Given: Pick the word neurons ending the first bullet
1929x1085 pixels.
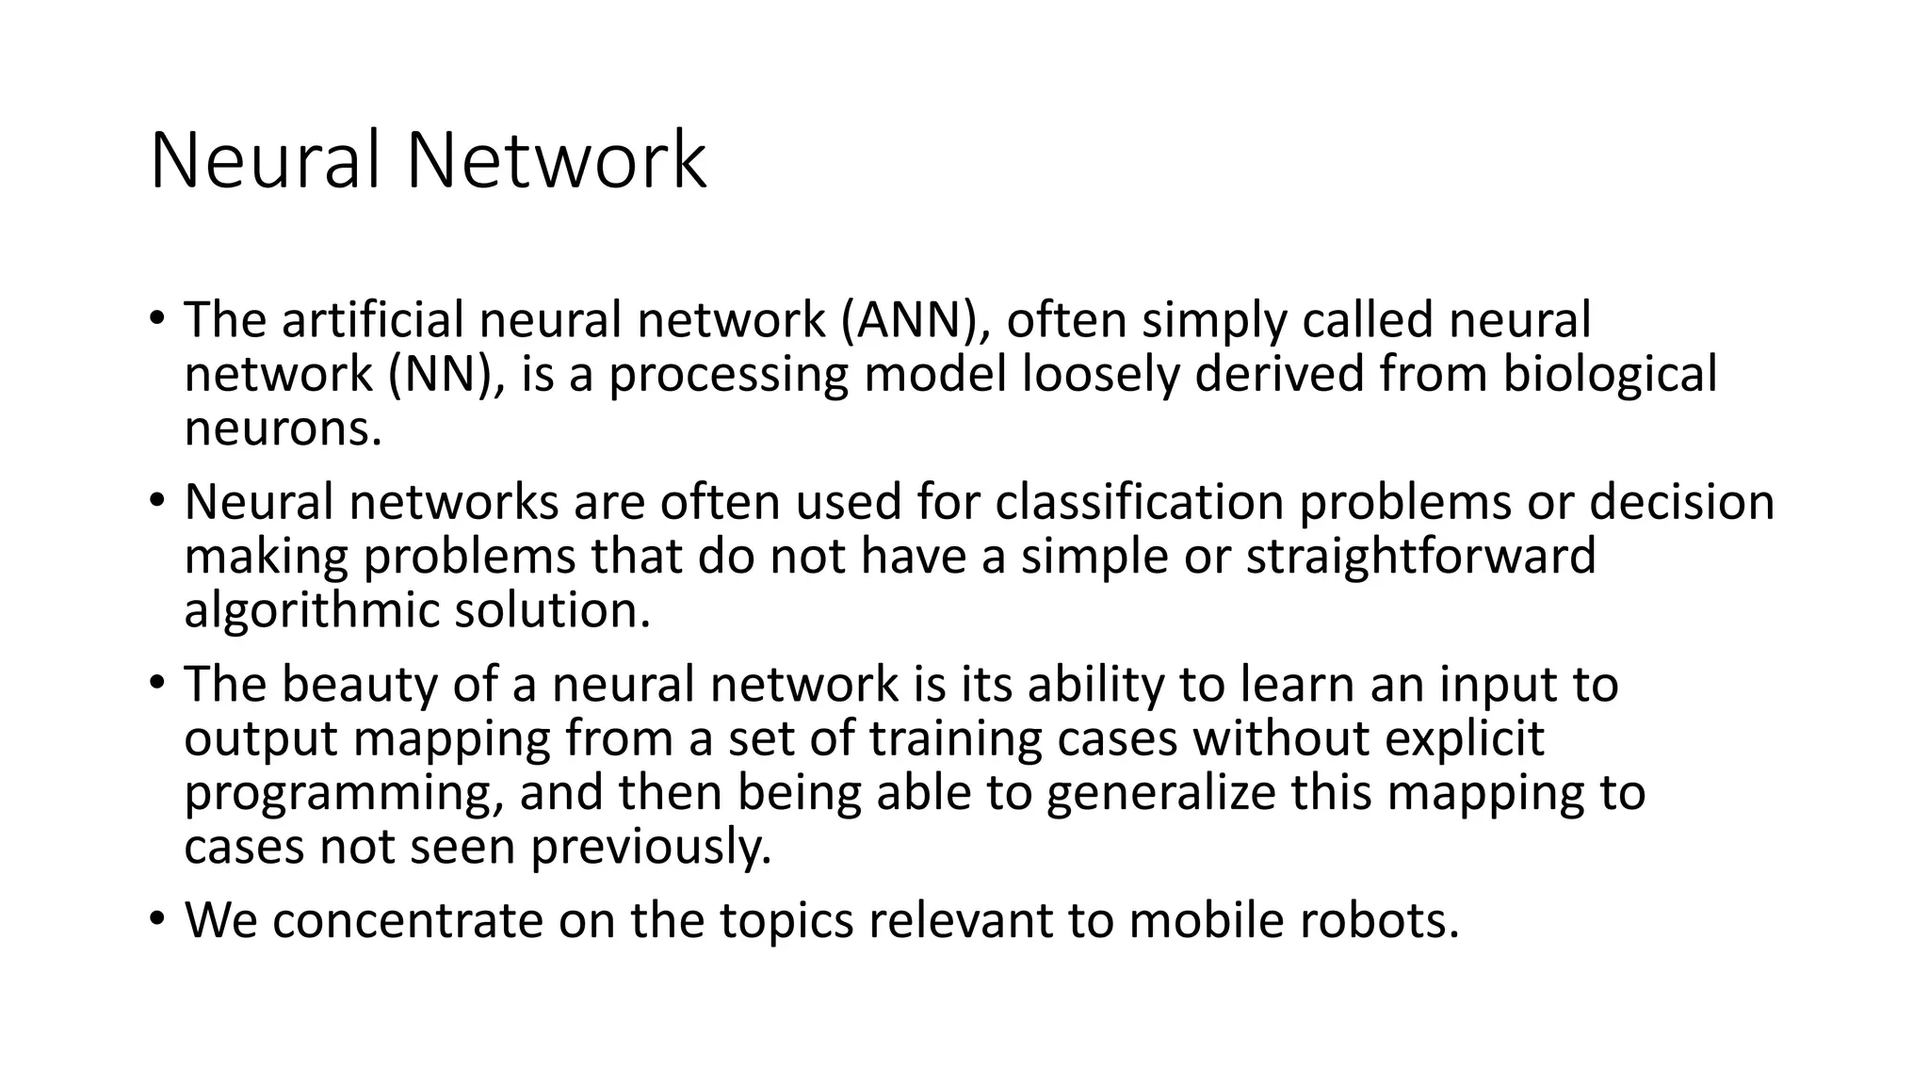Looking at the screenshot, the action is [x=283, y=429].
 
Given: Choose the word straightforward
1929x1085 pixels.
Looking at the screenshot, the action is [x=1421, y=557].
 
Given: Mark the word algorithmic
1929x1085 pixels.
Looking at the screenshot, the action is [x=312, y=611].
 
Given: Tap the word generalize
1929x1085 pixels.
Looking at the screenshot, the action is [x=1160, y=793].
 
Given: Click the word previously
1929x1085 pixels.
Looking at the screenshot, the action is [x=651, y=848].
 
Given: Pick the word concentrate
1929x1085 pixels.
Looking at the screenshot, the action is [x=408, y=920].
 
